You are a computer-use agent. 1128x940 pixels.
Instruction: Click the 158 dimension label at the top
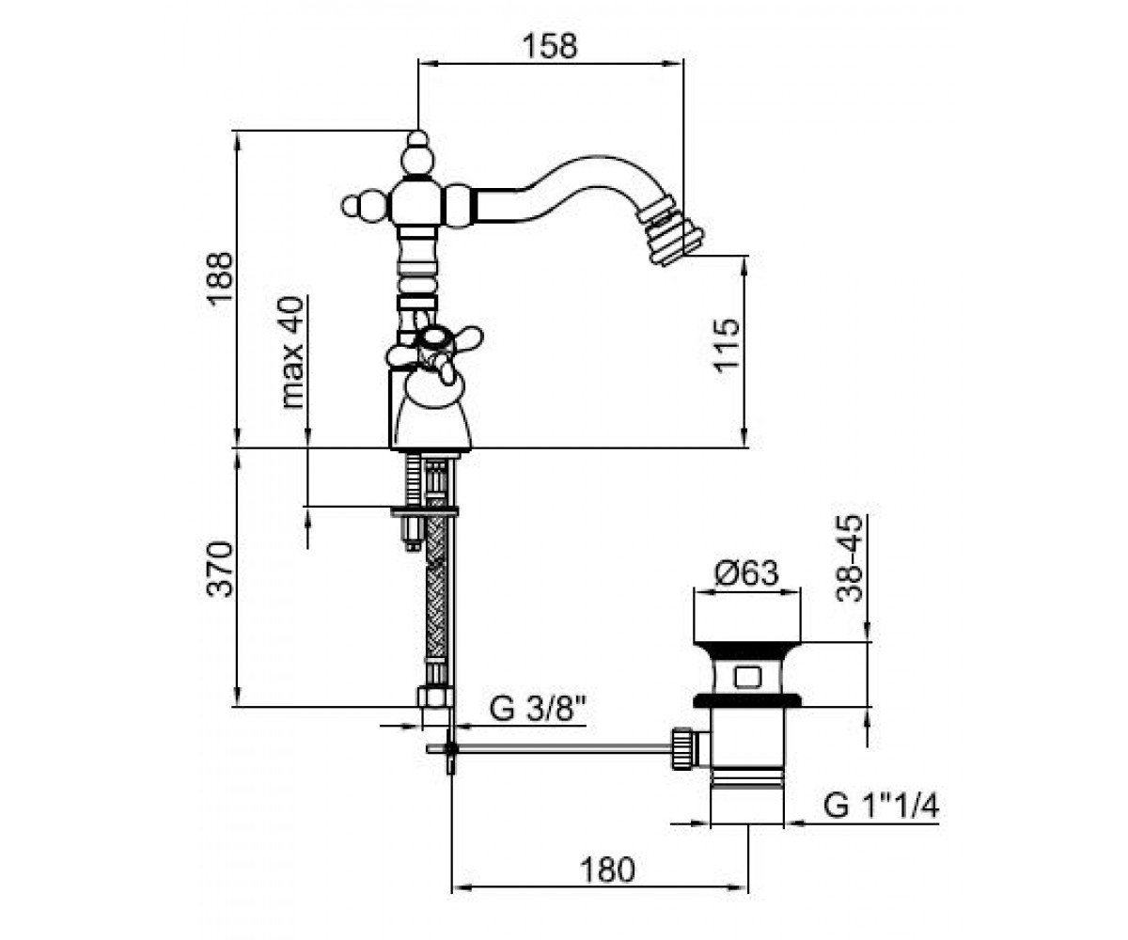[x=551, y=46]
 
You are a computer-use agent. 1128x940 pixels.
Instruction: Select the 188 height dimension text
[x=220, y=279]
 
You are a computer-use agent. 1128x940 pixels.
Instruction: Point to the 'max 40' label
[x=292, y=352]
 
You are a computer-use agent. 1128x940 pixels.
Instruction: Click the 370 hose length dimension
[x=220, y=569]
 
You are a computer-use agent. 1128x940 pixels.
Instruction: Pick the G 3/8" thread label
[x=538, y=709]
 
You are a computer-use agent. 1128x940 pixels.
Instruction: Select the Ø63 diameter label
[x=746, y=572]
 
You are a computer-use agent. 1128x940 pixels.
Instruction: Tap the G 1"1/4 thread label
[x=881, y=807]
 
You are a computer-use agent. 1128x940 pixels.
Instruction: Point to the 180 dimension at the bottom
[x=607, y=870]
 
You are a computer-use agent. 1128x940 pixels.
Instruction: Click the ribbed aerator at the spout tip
[x=670, y=236]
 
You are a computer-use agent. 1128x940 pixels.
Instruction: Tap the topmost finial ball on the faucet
[x=417, y=139]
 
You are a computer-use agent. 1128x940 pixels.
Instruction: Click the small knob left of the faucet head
[x=352, y=207]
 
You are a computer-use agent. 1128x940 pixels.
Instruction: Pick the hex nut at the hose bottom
[x=435, y=697]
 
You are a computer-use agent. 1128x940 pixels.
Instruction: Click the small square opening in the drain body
[x=747, y=678]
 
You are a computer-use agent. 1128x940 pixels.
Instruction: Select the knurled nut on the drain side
[x=681, y=748]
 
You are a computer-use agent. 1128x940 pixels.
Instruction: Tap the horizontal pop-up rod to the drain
[x=549, y=748]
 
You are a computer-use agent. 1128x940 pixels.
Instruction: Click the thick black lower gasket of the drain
[x=747, y=700]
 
